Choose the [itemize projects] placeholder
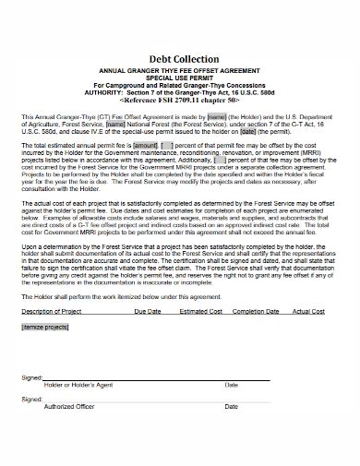(x=43, y=326)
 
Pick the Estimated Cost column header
(x=199, y=312)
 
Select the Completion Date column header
(x=255, y=312)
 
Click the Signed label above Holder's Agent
(x=30, y=376)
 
